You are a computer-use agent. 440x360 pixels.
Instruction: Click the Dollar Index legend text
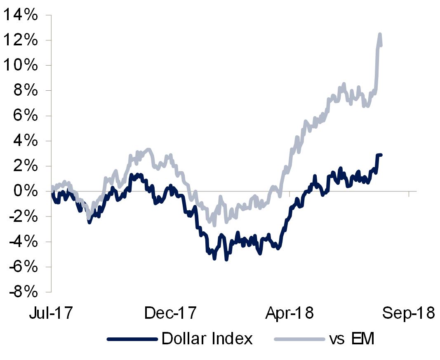tap(207, 339)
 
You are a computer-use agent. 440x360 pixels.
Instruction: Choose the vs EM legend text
tap(351, 339)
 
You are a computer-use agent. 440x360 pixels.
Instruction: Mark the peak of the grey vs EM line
tap(379, 34)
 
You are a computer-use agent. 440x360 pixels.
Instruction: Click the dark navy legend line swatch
tap(132, 339)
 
